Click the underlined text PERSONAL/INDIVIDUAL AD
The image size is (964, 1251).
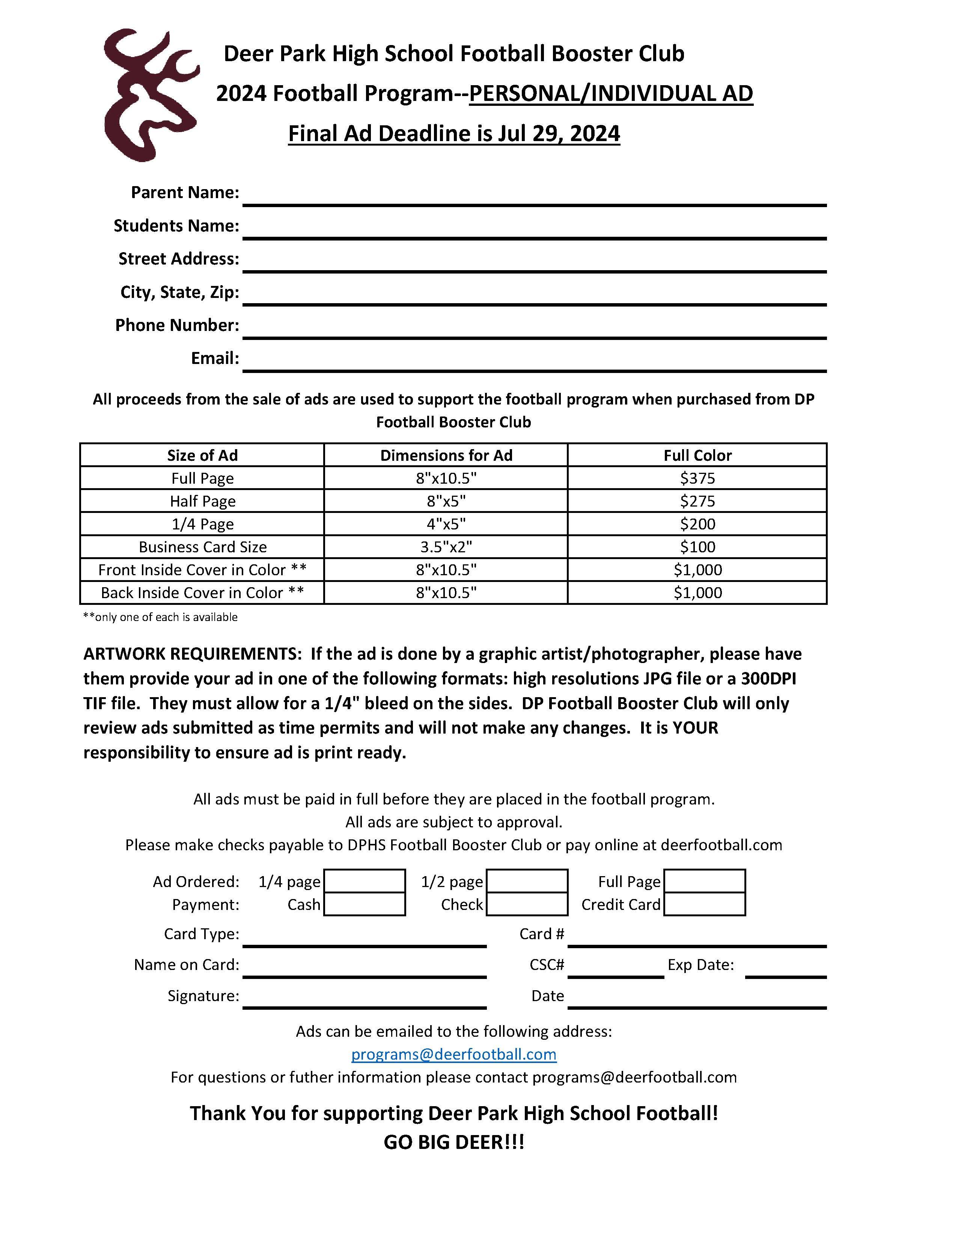610,93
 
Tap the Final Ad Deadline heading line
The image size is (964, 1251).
453,134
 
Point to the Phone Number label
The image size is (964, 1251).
177,325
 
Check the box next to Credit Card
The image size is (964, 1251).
704,904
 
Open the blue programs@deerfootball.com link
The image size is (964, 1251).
453,1054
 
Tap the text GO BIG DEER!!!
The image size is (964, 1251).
453,1143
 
